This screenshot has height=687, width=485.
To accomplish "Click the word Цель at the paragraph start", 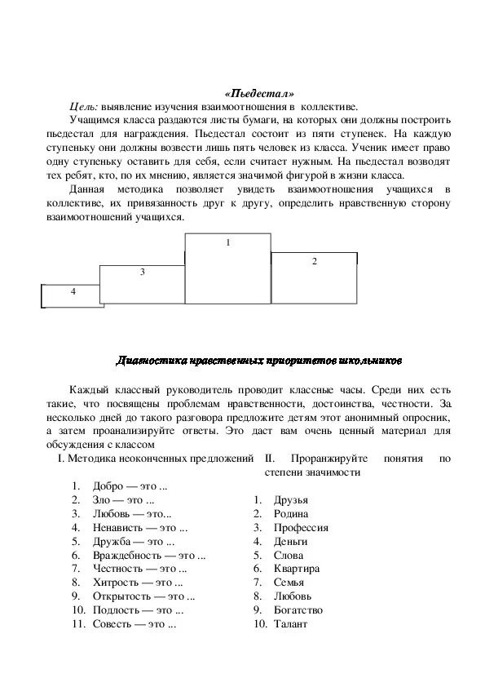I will click(x=82, y=107).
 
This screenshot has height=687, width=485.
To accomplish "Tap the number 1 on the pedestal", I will click(x=228, y=242).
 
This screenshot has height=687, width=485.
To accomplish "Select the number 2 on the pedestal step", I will click(x=314, y=261).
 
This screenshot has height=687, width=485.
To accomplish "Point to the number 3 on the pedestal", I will click(x=142, y=273).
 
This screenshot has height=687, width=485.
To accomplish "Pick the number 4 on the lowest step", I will click(x=73, y=291).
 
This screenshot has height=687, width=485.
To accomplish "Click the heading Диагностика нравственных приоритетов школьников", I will click(x=259, y=360).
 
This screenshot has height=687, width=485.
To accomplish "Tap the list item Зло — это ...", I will click(x=123, y=500).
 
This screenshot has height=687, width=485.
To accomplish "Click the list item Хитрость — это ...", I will click(x=138, y=583).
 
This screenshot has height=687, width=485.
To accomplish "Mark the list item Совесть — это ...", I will click(x=135, y=624).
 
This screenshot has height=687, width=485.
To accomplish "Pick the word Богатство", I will click(x=298, y=610).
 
